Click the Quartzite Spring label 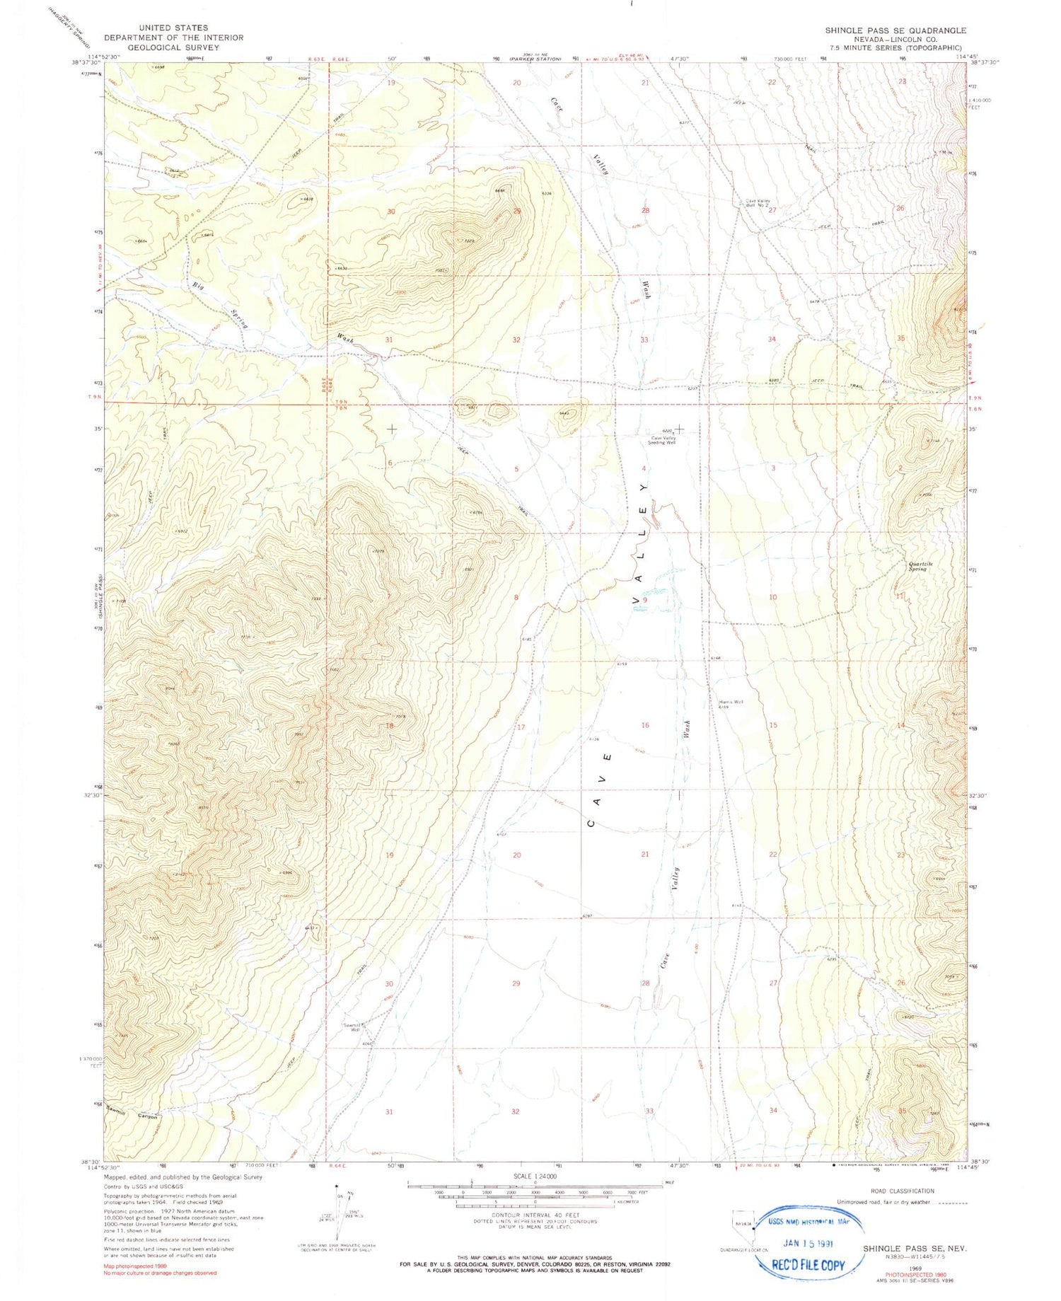921,566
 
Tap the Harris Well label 731,703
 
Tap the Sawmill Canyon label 132,1116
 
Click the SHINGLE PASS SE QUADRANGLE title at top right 895,30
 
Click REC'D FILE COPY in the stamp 808,1264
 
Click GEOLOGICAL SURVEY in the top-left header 174,47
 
